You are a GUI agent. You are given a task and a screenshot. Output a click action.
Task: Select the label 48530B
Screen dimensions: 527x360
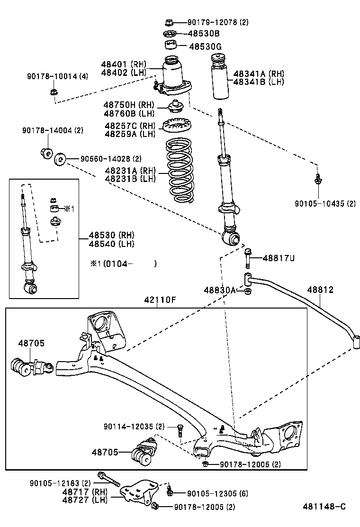click(204, 34)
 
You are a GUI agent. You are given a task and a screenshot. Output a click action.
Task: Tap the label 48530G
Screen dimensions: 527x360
click(205, 46)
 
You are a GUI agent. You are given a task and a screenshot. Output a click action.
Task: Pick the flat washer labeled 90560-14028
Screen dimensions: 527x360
click(60, 160)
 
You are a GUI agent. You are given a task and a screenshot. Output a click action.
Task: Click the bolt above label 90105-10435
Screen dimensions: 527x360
click(318, 179)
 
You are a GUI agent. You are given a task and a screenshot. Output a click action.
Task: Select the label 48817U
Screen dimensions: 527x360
click(279, 258)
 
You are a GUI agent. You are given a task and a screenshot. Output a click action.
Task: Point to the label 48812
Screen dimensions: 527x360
click(320, 290)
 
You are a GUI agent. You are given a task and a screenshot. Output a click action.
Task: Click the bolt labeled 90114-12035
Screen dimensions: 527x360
click(180, 430)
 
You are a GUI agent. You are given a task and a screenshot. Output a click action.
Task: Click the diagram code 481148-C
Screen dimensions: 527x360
click(324, 507)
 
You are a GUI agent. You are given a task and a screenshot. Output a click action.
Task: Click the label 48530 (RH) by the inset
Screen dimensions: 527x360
click(111, 236)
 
